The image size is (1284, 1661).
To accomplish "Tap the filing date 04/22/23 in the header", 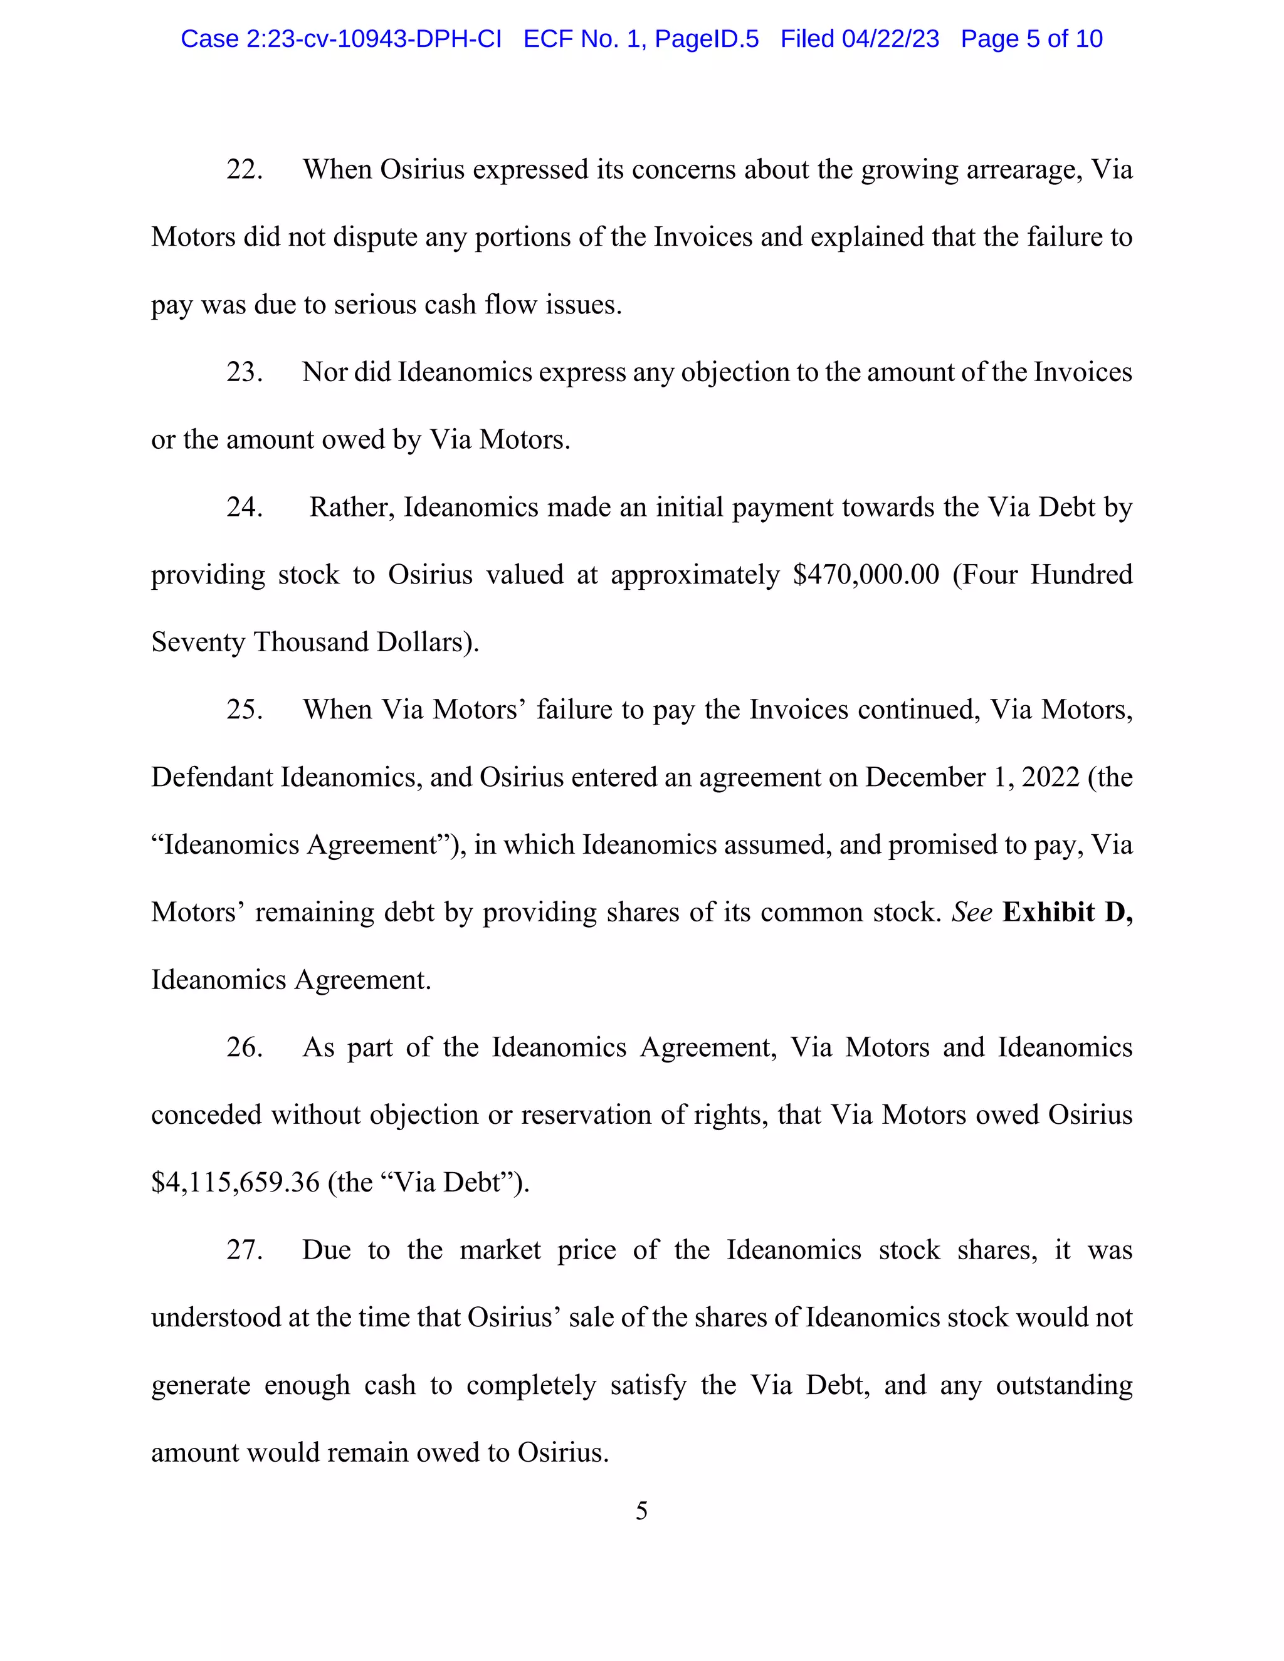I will pyautogui.click(x=890, y=39).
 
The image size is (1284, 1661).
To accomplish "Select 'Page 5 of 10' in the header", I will pyautogui.click(x=1031, y=39).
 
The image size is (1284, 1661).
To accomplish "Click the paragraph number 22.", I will pyautogui.click(x=244, y=170).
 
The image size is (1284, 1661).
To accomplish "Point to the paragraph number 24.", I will pyautogui.click(x=244, y=507).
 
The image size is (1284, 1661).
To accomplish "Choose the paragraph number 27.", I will pyautogui.click(x=244, y=1250).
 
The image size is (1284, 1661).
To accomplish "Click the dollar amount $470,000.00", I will pyautogui.click(x=866, y=575).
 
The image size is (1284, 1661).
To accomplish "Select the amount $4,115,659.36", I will pyautogui.click(x=235, y=1182).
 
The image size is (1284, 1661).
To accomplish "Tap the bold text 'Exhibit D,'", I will pyautogui.click(x=1067, y=912).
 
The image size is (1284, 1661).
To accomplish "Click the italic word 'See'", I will pyautogui.click(x=971, y=912).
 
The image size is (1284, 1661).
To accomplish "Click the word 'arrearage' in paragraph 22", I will pyautogui.click(x=1024, y=170).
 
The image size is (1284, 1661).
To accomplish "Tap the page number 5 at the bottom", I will pyautogui.click(x=641, y=1511).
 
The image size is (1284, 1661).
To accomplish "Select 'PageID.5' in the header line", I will pyautogui.click(x=707, y=39).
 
